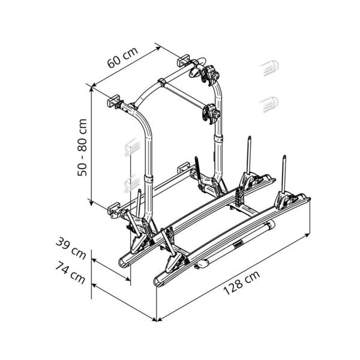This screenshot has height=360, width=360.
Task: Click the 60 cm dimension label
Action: [123, 58]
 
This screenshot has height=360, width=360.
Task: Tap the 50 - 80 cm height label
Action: [82, 148]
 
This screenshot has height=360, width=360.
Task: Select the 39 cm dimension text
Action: [71, 248]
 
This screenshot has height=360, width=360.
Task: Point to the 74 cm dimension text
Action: [70, 272]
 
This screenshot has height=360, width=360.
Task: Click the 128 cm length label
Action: [242, 283]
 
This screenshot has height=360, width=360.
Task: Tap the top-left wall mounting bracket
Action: [113, 101]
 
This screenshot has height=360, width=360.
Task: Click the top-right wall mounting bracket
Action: [183, 61]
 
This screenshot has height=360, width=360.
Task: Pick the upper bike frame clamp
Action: [210, 75]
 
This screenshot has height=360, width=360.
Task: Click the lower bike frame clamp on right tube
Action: [211, 114]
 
